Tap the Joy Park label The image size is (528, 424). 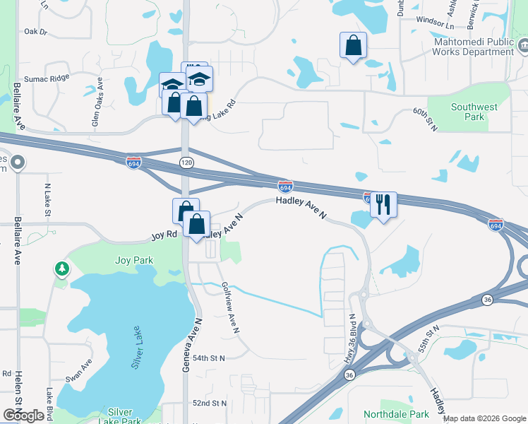click(x=134, y=260)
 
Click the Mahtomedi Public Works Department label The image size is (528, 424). click(x=472, y=47)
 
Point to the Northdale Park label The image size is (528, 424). click(x=396, y=414)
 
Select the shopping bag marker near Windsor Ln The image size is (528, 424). click(x=353, y=45)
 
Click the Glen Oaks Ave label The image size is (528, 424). click(x=97, y=102)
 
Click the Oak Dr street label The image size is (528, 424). click(x=35, y=32)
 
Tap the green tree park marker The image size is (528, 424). click(x=63, y=269)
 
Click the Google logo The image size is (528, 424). click(x=23, y=416)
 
